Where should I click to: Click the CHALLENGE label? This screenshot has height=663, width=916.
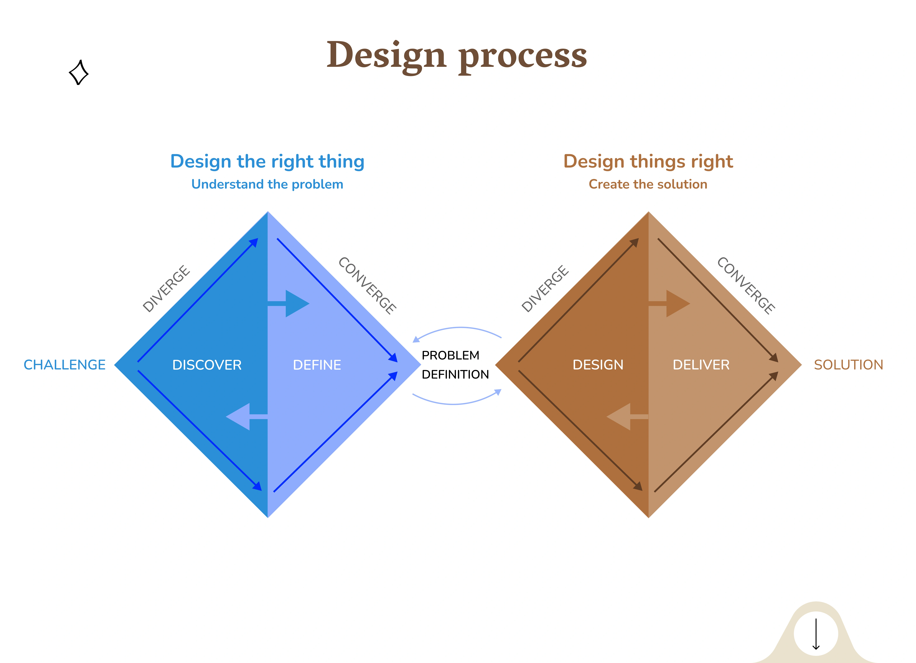65,365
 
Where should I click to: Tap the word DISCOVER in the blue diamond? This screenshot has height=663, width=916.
207,365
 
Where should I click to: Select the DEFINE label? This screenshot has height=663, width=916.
317,365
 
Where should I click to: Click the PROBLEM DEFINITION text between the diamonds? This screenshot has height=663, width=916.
455,365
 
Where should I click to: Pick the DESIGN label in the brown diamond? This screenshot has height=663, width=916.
598,365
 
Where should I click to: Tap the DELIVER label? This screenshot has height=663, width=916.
701,365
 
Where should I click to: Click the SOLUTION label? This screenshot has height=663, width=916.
849,365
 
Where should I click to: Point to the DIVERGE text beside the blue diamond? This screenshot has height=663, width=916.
166,288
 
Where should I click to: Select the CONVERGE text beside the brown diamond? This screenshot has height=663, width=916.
746,286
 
